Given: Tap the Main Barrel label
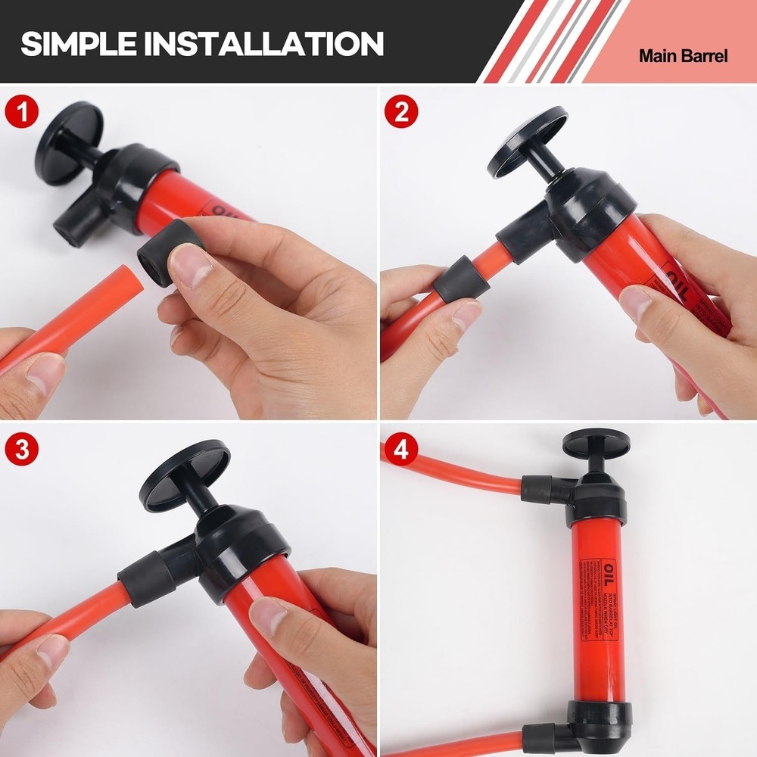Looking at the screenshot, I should point(683,56).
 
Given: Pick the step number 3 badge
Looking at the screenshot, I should point(22,449).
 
